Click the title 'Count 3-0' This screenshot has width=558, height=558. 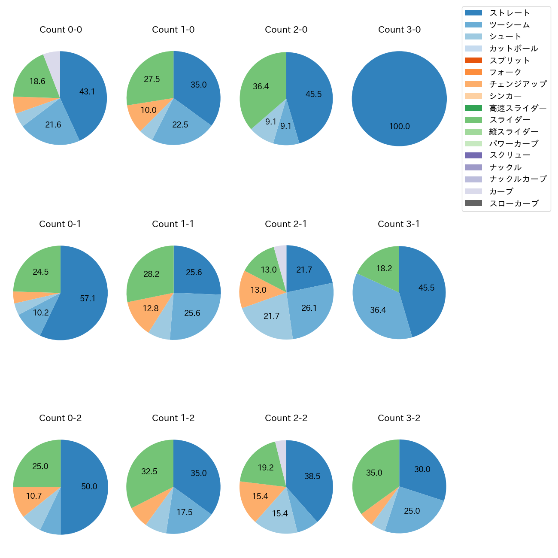(x=399, y=30)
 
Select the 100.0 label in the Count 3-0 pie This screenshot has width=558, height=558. (x=399, y=126)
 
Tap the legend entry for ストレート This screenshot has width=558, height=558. (x=509, y=13)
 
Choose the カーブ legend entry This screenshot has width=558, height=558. (x=501, y=191)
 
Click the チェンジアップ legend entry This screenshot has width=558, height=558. (x=518, y=84)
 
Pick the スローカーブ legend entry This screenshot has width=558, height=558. (x=514, y=203)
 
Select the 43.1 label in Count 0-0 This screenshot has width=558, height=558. (x=87, y=91)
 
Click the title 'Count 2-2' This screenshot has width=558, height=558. (x=286, y=418)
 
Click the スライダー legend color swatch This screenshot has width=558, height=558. (x=473, y=120)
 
